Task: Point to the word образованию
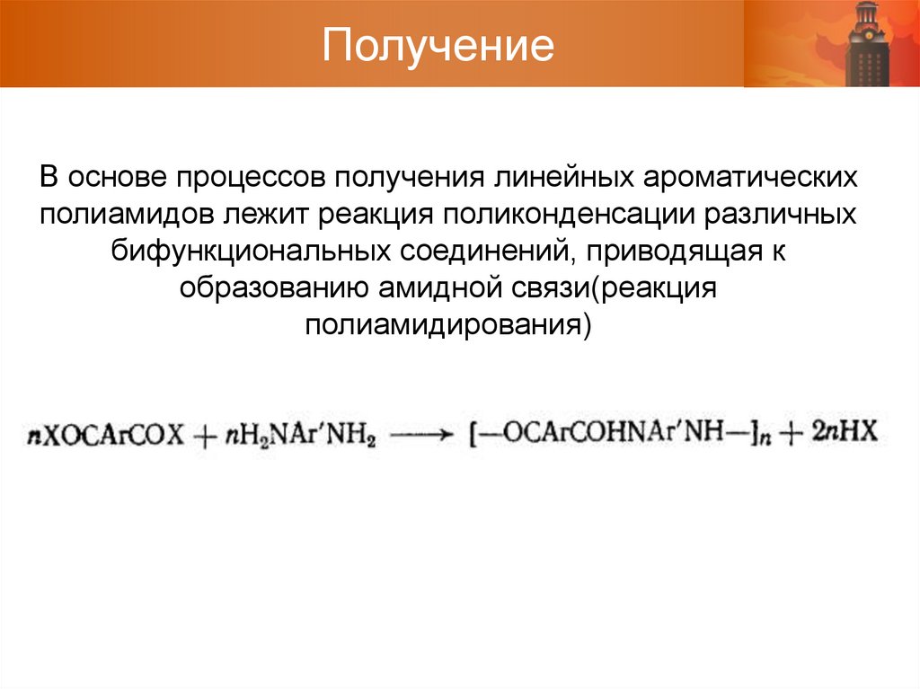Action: (x=270, y=289)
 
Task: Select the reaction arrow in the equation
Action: (x=422, y=435)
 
